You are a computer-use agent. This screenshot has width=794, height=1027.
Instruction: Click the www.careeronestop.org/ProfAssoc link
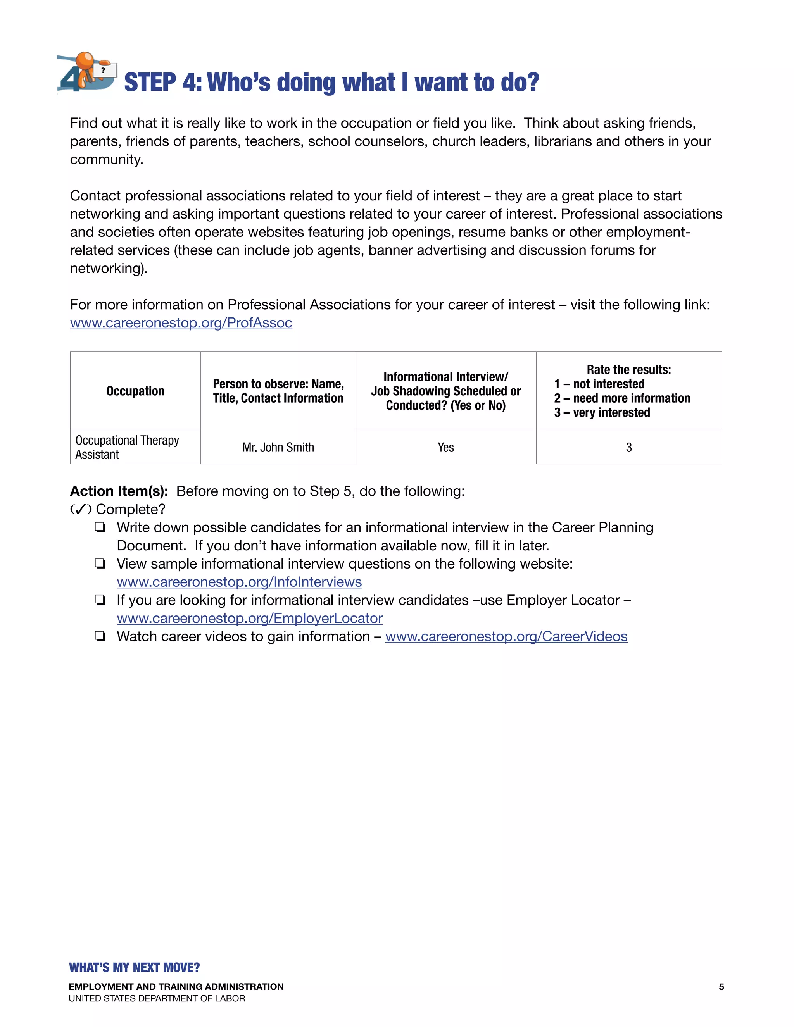coord(181,323)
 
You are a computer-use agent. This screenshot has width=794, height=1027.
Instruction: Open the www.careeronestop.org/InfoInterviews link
coord(239,582)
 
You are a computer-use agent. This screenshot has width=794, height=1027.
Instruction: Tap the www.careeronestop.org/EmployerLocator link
coord(249,619)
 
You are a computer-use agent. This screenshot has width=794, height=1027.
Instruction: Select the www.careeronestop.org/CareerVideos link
coord(506,637)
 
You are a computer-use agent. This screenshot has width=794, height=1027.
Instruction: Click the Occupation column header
coord(135,391)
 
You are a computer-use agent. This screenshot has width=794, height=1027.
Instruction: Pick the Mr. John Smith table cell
coord(278,447)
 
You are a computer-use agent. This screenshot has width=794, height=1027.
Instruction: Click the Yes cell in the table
coord(445,447)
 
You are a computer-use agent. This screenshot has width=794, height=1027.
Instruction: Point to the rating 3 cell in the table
coord(628,447)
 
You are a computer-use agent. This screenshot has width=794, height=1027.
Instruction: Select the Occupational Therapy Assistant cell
coord(127,447)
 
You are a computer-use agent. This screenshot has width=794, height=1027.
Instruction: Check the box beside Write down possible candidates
coord(100,527)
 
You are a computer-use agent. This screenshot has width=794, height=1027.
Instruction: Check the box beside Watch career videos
coord(100,637)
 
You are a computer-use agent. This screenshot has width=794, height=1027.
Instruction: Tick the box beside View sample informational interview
coord(100,564)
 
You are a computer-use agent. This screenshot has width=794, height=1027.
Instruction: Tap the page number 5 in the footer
coord(721,987)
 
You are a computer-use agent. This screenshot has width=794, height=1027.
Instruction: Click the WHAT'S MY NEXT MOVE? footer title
coord(134,968)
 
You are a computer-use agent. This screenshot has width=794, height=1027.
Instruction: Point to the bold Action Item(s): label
coord(119,491)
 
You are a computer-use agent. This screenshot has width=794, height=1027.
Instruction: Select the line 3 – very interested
coord(602,413)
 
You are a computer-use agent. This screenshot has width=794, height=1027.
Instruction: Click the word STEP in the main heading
coord(150,83)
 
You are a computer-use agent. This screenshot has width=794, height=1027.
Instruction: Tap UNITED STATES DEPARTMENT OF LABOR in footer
coord(157,999)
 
